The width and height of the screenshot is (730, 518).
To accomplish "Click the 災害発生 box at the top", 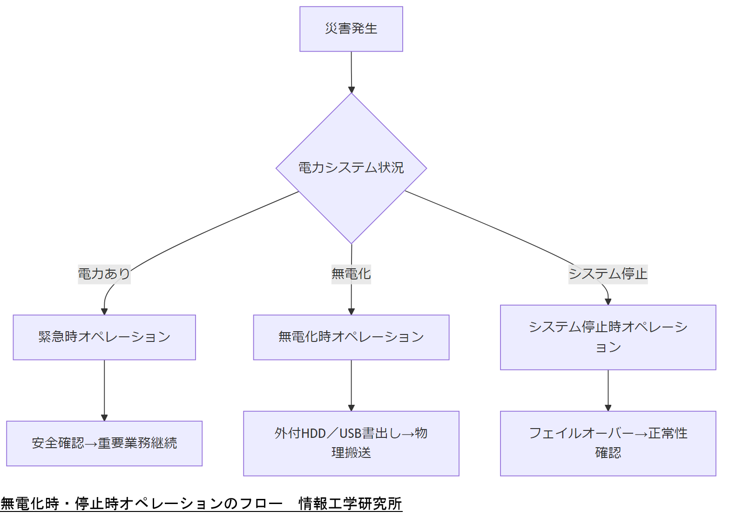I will coord(351,29).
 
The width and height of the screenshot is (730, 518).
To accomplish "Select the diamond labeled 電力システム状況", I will coord(351,168).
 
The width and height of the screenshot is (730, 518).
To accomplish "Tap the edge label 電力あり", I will coord(104,274).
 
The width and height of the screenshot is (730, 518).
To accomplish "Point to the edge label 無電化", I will coord(351,274).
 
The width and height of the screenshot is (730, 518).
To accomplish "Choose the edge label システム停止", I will coord(608,274).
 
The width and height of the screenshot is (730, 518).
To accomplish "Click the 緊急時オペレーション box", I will coord(104,337).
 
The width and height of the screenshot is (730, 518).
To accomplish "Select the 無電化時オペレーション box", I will coord(351,337).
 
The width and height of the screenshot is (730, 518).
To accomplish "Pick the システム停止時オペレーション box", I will coord(608,337).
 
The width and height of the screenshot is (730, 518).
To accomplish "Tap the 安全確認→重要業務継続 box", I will coord(104,443).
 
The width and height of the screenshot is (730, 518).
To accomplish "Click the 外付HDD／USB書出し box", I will coord(351,443).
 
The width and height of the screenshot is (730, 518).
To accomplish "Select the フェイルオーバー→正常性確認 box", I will coord(608,443).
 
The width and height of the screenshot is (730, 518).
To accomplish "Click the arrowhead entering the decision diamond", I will coord(351,90).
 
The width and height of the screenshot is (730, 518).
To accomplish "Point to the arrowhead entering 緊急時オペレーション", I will coord(104,312).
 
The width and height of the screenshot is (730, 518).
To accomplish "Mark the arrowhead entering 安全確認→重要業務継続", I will coord(104,418).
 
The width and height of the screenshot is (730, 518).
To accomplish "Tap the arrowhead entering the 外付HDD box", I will coord(351,408).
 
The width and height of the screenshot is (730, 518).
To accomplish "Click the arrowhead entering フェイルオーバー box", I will coord(608,408).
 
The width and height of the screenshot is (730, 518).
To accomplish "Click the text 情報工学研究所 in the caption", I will coord(350,504).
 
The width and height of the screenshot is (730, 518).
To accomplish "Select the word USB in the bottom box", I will coord(351,434).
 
